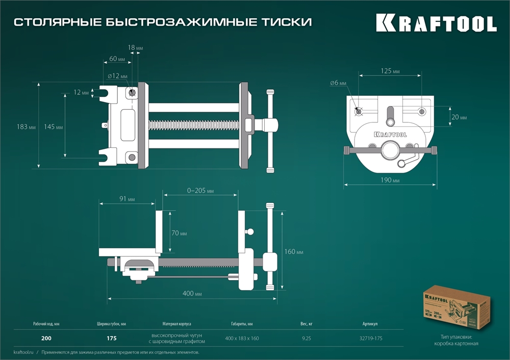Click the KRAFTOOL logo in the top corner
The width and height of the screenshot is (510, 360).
tap(436, 22)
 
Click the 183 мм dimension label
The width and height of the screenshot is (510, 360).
tap(25, 126)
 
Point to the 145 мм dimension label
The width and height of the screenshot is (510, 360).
tap(53, 126)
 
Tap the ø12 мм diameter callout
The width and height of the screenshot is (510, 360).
tap(117, 75)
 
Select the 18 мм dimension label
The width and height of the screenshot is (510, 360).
tap(135, 47)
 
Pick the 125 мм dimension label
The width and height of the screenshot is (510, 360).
tap(390, 71)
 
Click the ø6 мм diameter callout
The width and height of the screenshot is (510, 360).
tap(338, 83)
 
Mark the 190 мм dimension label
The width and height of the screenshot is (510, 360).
tap(390, 181)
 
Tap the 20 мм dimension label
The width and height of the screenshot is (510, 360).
tap(460, 117)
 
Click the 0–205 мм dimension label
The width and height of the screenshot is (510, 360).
tap(200, 190)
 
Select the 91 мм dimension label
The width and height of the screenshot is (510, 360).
tap(126, 199)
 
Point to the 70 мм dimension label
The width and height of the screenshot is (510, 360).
tap(178, 233)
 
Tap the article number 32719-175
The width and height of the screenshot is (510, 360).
tap(371, 338)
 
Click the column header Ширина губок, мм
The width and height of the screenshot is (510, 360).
tap(111, 323)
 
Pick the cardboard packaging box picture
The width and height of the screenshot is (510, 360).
tap(456, 311)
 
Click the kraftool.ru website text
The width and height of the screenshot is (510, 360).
tap(23, 352)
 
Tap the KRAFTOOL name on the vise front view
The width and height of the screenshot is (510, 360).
tap(390, 135)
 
